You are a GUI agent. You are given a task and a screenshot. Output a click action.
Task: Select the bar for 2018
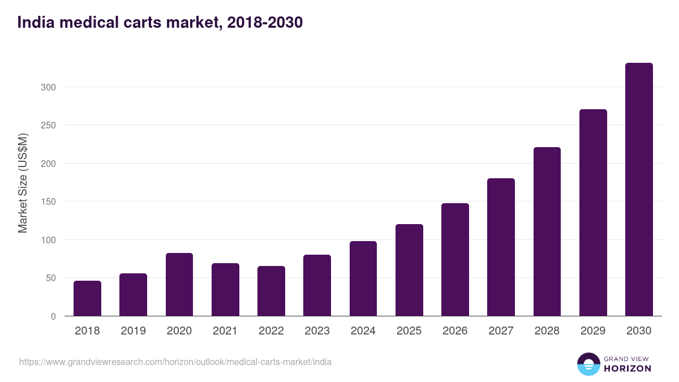click(x=87, y=298)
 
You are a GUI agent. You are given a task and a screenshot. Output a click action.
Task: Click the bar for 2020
click(x=179, y=285)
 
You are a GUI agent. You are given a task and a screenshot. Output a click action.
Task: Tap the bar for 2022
click(x=271, y=291)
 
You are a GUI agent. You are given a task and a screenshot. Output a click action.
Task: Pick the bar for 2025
click(x=409, y=270)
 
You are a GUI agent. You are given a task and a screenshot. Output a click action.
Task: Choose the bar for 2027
click(x=501, y=247)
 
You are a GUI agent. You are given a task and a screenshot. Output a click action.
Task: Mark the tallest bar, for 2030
click(x=639, y=190)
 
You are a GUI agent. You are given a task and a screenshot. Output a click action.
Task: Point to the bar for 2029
click(x=593, y=213)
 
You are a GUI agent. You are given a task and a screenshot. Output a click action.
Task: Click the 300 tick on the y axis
click(x=48, y=87)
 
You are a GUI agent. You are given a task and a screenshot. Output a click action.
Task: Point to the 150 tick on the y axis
click(x=48, y=201)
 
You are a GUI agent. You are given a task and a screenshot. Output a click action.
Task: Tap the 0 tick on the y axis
click(x=53, y=316)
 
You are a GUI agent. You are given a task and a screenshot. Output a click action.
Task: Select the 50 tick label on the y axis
click(x=50, y=278)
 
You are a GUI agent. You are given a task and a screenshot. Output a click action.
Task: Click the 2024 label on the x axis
click(x=363, y=331)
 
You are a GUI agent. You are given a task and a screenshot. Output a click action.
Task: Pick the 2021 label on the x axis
click(x=225, y=331)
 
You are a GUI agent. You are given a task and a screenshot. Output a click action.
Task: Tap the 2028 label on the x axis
click(x=547, y=331)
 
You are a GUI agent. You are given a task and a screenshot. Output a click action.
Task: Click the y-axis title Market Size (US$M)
click(x=23, y=183)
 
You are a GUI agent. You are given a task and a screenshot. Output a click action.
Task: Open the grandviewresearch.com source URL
click(x=175, y=362)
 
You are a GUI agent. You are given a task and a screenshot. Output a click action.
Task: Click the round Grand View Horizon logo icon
click(x=588, y=364)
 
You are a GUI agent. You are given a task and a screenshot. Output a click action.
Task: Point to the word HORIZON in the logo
click(x=628, y=368)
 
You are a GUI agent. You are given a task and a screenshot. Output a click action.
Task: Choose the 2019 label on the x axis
click(x=133, y=331)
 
